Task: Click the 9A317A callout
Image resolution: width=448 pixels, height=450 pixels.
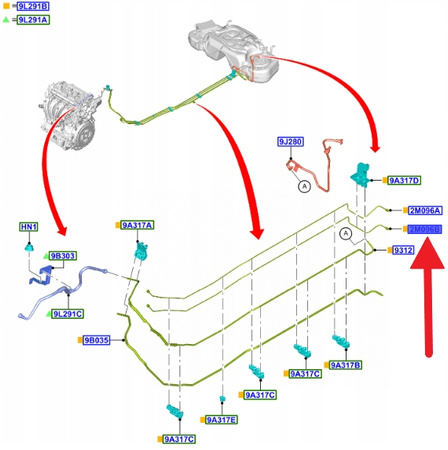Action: pos(139,226)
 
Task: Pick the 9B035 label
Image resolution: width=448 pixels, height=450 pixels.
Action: pos(96,341)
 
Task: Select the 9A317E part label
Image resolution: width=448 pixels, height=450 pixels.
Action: pos(224,420)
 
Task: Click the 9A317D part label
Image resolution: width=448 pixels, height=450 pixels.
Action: pos(406,180)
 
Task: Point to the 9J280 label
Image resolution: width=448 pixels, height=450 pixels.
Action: pos(292,143)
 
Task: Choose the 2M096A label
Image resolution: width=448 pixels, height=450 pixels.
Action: pos(424,210)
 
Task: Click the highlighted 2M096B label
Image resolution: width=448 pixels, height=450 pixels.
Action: pos(424,229)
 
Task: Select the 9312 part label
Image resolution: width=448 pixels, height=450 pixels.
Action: pos(403,249)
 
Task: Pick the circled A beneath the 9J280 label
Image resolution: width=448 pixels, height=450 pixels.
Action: pos(301,185)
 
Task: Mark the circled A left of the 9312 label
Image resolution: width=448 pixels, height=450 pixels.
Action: pos(345,234)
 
